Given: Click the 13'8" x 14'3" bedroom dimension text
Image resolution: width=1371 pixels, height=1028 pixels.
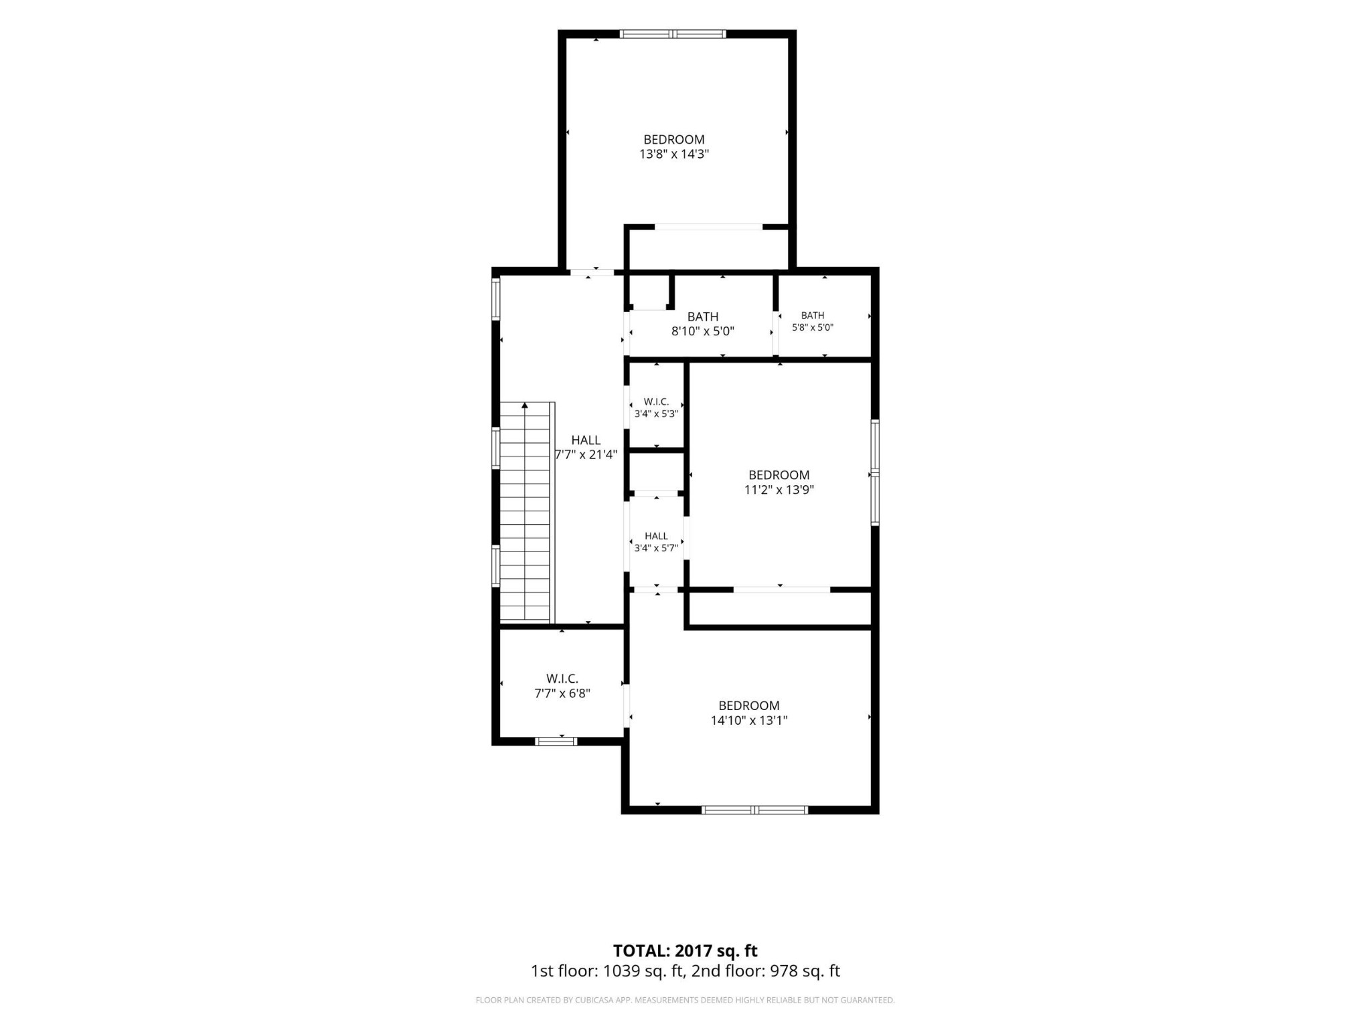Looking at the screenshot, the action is [x=673, y=154].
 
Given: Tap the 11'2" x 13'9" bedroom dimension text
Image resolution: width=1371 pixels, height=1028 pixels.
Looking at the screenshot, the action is [x=779, y=489].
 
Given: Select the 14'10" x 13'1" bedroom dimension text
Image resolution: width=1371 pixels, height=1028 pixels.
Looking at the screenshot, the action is [x=749, y=720].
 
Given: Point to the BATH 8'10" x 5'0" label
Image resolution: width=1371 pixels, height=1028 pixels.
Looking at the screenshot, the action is [x=703, y=323].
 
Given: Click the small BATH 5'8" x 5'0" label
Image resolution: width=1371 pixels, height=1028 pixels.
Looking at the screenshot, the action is [x=813, y=321].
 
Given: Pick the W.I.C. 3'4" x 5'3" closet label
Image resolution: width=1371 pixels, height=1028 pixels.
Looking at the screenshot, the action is [x=656, y=408].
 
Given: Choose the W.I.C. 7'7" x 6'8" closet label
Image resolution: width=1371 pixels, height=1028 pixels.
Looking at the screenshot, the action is [x=562, y=686].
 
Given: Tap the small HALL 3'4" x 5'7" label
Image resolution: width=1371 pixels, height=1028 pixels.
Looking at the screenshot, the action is [x=656, y=541].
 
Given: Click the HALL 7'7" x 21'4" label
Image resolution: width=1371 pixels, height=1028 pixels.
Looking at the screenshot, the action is [x=586, y=447].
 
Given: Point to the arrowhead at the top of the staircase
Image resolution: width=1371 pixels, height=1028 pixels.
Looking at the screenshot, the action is [x=525, y=406].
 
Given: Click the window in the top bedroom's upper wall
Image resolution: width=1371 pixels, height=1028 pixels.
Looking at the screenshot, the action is [x=673, y=34].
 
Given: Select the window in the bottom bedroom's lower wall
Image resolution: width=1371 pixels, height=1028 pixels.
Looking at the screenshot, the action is [x=754, y=810].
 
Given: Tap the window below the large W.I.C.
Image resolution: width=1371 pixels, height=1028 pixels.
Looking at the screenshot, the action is [x=556, y=741].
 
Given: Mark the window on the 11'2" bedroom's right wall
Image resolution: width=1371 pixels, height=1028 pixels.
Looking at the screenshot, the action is [x=875, y=473].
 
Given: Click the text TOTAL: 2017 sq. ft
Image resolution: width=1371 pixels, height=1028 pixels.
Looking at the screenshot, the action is [x=685, y=950].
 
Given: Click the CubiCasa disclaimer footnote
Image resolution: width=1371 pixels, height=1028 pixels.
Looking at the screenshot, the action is [x=685, y=1000].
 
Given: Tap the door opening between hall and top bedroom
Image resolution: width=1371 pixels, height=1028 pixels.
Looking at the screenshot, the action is [x=592, y=272].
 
